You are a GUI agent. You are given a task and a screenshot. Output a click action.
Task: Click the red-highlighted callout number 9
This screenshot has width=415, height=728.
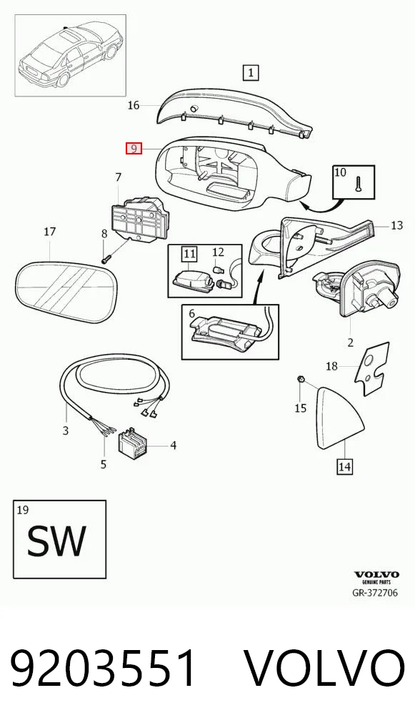click(x=134, y=149)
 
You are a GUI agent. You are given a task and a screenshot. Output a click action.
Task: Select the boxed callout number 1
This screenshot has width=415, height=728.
click(x=251, y=73)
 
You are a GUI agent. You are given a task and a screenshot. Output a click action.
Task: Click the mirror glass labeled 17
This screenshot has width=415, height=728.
click(x=66, y=292)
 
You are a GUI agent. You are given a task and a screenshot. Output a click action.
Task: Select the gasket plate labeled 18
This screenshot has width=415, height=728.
click(x=371, y=368)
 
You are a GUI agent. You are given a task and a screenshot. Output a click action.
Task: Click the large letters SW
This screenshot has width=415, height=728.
click(x=56, y=541)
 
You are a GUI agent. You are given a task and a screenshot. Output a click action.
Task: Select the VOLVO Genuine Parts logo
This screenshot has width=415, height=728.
click(x=376, y=577)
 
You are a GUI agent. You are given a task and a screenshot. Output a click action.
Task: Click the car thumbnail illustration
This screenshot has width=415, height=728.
click(x=71, y=55)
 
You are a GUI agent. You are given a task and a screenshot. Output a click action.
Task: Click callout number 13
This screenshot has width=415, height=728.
click(x=397, y=226)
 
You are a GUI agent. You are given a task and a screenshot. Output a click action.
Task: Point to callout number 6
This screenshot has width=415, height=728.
click(x=191, y=314)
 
